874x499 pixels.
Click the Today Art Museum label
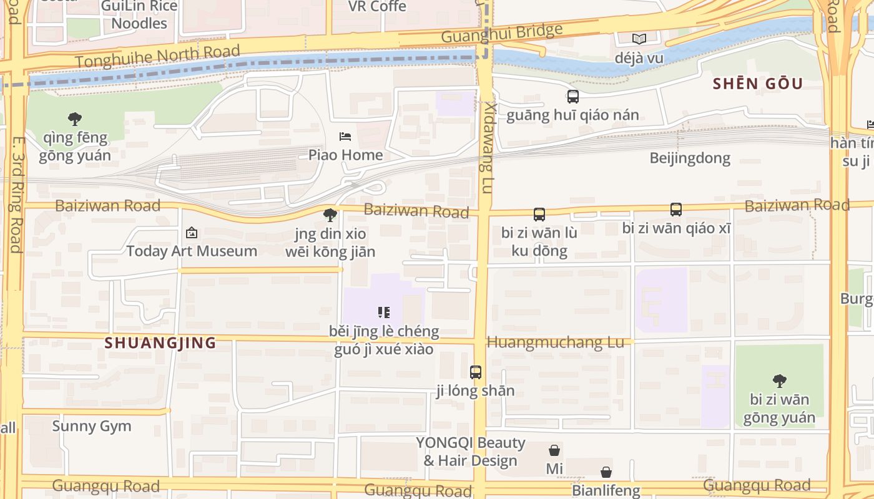tap(192, 251)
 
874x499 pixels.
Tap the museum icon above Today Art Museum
tap(192, 233)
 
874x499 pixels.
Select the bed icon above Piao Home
tap(345, 136)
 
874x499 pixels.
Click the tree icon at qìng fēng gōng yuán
tap(75, 118)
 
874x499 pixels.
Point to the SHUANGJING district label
tap(160, 342)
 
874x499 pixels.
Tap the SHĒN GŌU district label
tap(758, 84)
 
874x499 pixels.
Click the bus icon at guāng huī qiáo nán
tap(572, 97)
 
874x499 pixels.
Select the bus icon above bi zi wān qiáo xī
tap(675, 210)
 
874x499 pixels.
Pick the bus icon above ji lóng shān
tap(476, 372)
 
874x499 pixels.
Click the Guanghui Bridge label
tap(502, 32)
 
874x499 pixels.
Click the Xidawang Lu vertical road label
tap(487, 148)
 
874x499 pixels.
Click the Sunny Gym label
tap(92, 427)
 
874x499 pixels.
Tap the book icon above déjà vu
tap(639, 39)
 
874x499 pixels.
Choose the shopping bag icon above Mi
tap(554, 450)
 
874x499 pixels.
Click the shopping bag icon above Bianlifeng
tap(606, 472)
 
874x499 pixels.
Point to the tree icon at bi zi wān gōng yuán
tap(779, 380)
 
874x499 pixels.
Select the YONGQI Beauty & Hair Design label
tap(471, 452)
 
